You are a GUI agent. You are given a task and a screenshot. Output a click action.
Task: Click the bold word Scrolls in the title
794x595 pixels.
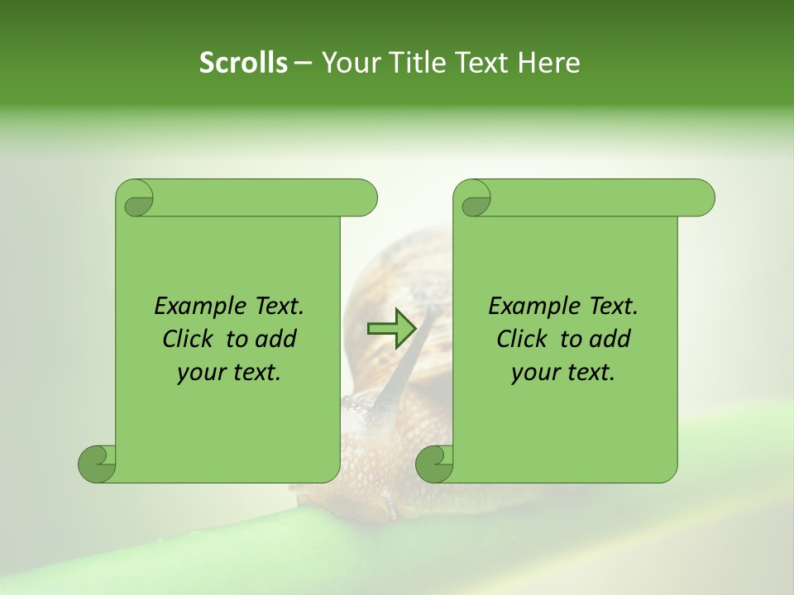(x=243, y=63)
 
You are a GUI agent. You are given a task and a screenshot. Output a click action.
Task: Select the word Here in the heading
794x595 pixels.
(x=549, y=63)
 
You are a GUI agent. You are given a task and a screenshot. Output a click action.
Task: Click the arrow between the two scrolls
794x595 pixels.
(x=391, y=329)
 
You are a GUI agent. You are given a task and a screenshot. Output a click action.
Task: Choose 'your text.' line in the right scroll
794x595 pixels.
(x=563, y=372)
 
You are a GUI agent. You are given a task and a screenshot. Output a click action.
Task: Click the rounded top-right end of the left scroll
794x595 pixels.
(x=365, y=198)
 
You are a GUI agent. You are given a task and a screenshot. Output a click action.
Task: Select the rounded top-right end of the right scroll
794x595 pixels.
(x=702, y=198)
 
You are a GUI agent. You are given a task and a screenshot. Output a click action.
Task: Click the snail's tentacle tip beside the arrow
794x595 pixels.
(x=432, y=308)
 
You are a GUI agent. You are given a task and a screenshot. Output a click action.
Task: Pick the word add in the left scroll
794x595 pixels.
(x=277, y=339)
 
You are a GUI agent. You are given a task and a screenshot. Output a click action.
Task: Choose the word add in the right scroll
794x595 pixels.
(x=611, y=339)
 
